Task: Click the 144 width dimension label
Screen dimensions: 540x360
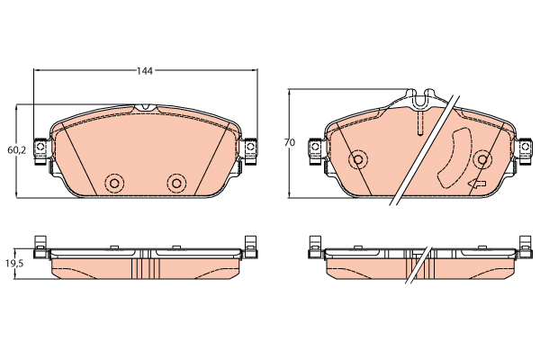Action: click(x=145, y=71)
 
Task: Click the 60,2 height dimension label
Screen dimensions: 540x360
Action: click(x=16, y=150)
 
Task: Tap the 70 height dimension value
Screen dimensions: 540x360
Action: click(x=290, y=142)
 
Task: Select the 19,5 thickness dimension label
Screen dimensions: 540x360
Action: click(x=14, y=264)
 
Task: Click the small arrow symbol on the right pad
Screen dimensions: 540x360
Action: click(x=477, y=184)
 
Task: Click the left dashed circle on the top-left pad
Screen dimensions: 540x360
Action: click(x=114, y=183)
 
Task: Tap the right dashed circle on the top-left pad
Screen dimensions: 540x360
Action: click(x=176, y=183)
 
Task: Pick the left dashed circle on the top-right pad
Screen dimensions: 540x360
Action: click(x=358, y=159)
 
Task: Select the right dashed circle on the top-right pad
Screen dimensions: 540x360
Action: click(x=482, y=159)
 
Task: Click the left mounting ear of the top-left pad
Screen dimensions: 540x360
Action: click(x=40, y=150)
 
